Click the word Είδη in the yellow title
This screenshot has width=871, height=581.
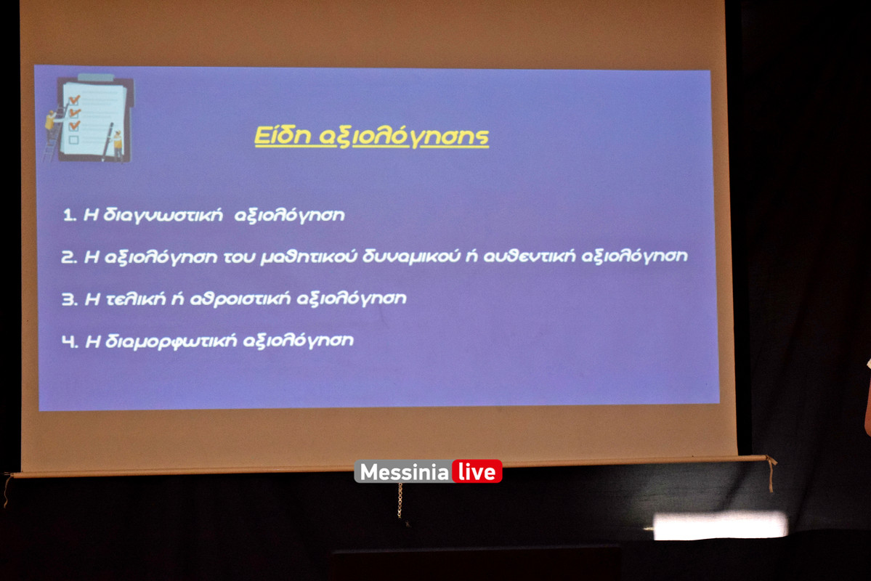click(x=283, y=136)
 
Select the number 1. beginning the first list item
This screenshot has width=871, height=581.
click(x=70, y=215)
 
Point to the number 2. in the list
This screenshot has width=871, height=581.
click(x=70, y=256)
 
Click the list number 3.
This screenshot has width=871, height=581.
click(x=70, y=299)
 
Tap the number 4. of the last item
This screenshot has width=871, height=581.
click(x=70, y=341)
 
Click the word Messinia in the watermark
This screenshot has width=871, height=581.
click(x=404, y=472)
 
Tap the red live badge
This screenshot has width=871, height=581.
click(x=477, y=471)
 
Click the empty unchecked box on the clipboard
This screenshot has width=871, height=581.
click(x=74, y=139)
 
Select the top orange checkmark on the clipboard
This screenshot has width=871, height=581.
click(x=74, y=100)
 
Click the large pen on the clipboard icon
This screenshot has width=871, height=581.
click(x=108, y=142)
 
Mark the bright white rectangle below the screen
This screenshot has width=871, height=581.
click(x=721, y=526)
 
